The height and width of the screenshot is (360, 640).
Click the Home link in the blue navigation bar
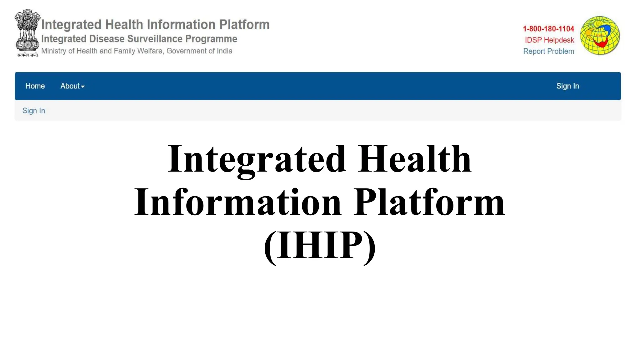coord(35,86)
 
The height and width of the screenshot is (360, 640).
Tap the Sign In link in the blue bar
coord(567,86)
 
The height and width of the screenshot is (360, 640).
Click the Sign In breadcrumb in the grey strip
coord(34,111)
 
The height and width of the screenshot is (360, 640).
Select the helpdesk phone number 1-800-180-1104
coord(548,29)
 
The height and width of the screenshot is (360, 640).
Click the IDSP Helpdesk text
coord(549,40)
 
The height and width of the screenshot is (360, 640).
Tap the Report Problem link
coord(548,51)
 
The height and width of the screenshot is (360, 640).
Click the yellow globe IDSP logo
coord(600,36)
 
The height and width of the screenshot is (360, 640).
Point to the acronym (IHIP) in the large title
coord(320,245)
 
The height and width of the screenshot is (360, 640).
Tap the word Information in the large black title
coord(237,202)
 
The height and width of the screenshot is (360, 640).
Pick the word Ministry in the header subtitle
coord(53,51)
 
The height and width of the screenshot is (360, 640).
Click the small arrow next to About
coord(83,87)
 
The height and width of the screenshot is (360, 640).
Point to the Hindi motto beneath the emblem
coord(27,55)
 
